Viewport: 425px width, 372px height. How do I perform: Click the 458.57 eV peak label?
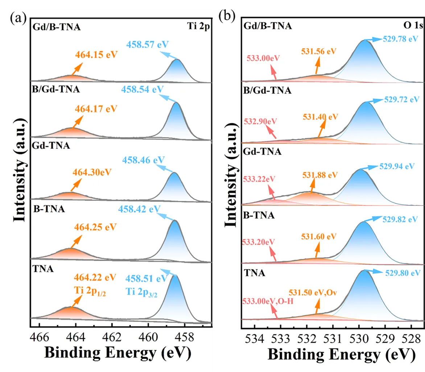pyautogui.click(x=148, y=45)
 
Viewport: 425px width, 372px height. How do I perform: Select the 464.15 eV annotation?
pyautogui.click(x=96, y=55)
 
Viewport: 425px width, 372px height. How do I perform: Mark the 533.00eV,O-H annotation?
pyautogui.click(x=267, y=300)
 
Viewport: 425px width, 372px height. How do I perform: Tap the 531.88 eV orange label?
pyautogui.click(x=319, y=175)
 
